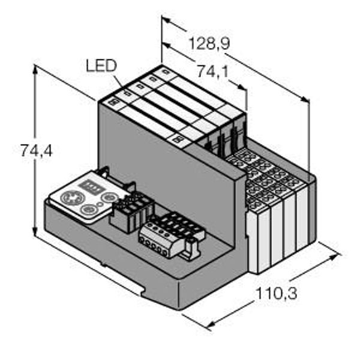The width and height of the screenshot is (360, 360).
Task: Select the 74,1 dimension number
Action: click(x=213, y=72)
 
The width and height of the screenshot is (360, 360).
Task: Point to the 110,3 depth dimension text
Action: click(x=277, y=294)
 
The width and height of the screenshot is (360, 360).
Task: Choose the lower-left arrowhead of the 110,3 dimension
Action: click(x=209, y=326)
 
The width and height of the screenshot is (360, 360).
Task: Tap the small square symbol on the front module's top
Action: click(x=112, y=103)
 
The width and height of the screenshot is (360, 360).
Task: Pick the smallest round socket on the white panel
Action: click(x=109, y=196)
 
